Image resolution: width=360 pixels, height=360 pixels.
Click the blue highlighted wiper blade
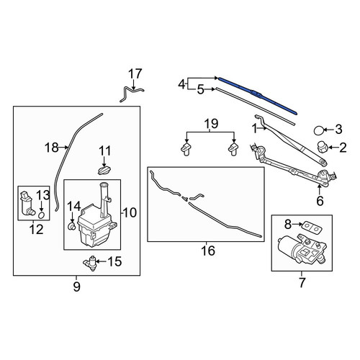258,95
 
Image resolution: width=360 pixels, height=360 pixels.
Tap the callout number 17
135,74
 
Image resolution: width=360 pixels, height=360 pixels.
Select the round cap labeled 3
319,130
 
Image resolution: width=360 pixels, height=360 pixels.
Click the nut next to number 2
322,147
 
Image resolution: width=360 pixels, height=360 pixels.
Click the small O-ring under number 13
42,215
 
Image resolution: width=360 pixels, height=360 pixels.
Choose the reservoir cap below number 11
104,171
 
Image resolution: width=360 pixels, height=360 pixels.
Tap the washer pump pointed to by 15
90,263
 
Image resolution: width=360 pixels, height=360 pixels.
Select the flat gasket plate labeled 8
312,228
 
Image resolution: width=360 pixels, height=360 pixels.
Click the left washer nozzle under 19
186,149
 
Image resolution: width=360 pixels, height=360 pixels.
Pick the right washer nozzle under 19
233,149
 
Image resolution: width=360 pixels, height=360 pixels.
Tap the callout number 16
208,251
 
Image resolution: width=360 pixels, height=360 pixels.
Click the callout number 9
76,287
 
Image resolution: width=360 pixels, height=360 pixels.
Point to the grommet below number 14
72,226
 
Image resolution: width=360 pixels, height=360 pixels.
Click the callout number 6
320,201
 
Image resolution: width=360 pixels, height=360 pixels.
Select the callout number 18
52,148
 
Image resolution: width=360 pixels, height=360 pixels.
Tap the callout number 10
130,212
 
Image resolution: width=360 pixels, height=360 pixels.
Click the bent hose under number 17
132,94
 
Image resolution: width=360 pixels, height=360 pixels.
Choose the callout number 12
37,230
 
